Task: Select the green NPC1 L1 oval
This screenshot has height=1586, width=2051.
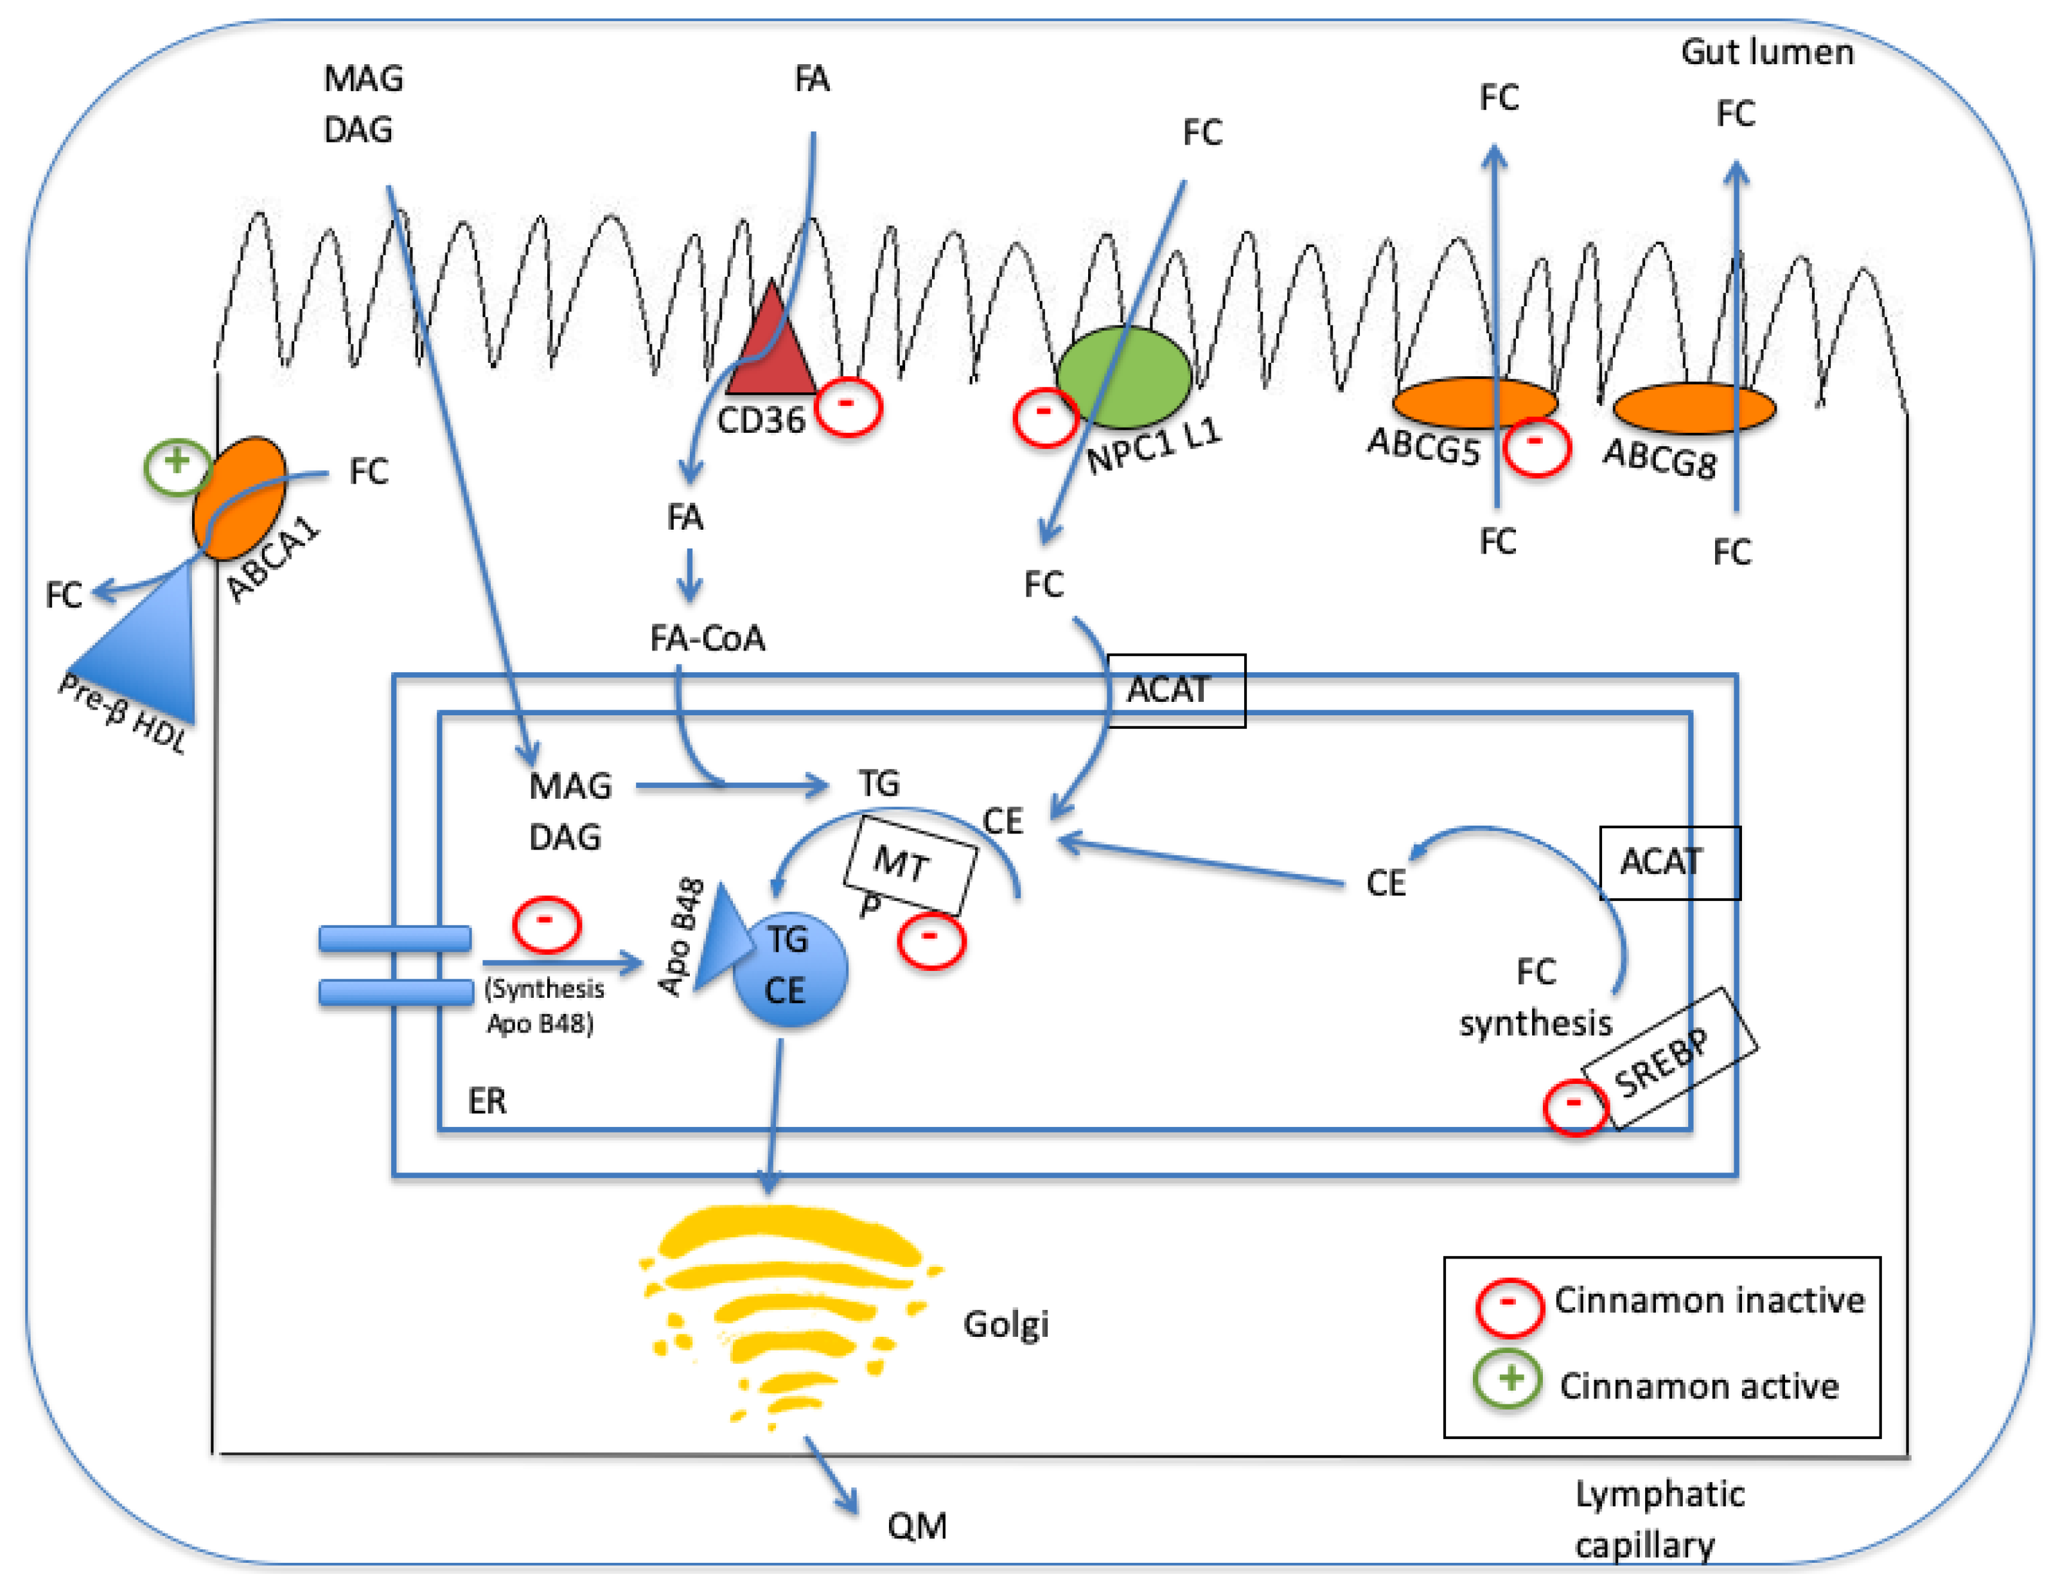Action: click(x=1124, y=376)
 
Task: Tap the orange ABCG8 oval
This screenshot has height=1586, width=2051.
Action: click(x=1693, y=408)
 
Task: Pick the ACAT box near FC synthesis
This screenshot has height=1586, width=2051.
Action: click(x=1669, y=862)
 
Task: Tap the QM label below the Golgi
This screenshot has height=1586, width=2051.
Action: click(x=917, y=1526)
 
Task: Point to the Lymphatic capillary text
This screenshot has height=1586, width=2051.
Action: click(x=1659, y=1519)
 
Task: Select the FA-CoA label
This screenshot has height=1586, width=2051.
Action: click(x=707, y=638)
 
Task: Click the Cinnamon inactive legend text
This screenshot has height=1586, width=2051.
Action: click(x=1708, y=1300)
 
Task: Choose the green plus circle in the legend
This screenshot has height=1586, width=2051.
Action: click(x=1508, y=1379)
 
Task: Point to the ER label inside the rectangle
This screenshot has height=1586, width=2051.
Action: click(x=486, y=1101)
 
